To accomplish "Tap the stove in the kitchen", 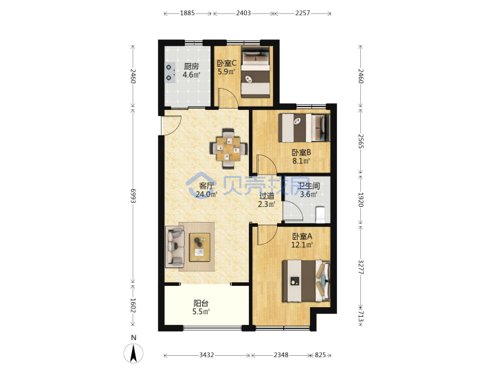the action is [170, 73].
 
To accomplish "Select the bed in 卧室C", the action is [255, 72].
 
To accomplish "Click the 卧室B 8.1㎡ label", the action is [301, 157].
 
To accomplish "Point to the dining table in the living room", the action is [228, 148].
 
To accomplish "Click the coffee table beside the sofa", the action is [199, 247].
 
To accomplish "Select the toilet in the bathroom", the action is [320, 214].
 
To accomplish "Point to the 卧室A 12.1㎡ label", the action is [302, 240].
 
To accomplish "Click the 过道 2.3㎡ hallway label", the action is [267, 200].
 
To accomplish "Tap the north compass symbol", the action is [133, 350].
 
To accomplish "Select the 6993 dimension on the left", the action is [133, 196].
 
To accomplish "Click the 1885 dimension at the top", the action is [188, 13].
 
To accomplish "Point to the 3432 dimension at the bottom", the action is [206, 355].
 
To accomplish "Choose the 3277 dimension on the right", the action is [360, 267].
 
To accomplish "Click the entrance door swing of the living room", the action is [171, 125].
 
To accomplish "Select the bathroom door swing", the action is [293, 211].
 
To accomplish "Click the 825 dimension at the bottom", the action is [320, 355].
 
